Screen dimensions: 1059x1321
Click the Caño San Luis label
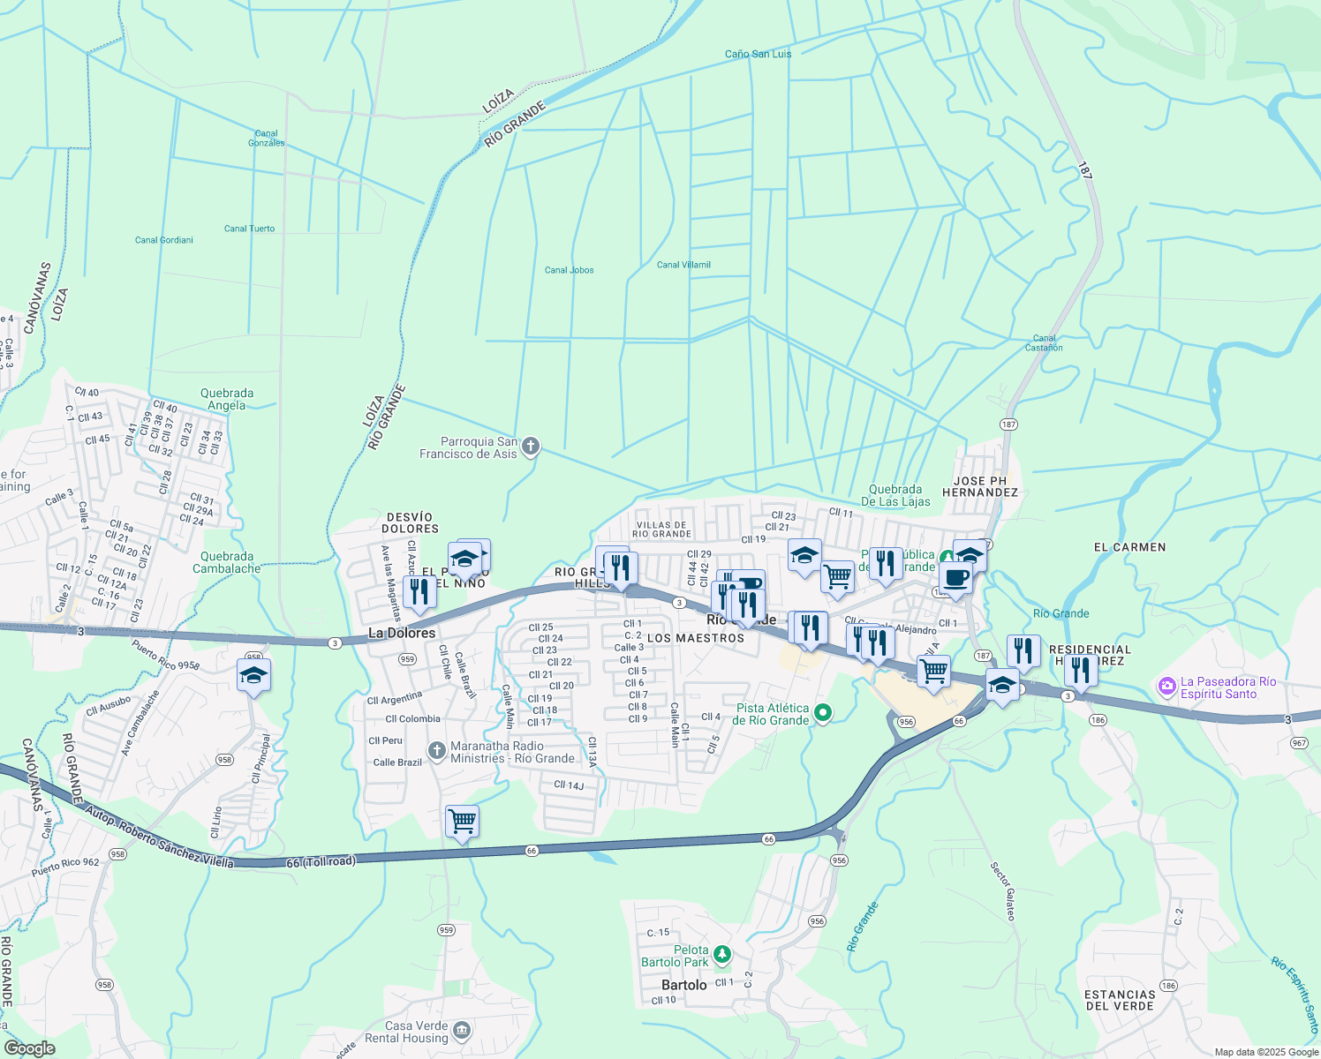coord(758,54)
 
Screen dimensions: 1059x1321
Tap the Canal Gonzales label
coord(266,139)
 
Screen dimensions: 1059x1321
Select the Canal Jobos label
coord(569,270)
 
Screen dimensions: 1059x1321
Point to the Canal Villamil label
coord(683,265)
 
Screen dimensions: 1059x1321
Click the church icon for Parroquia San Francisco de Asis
coord(531,447)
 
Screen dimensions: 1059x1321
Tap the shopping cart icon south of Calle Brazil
coord(463,822)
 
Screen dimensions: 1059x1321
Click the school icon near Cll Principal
coord(253,676)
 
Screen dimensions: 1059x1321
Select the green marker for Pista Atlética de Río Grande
coord(823,713)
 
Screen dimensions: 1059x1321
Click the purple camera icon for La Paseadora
coord(1167,686)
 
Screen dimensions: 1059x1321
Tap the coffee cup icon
coord(955,578)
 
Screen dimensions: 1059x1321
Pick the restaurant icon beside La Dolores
coord(419,592)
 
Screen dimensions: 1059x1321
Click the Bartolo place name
coord(684,985)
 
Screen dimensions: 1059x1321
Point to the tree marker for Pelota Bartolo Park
coord(722,955)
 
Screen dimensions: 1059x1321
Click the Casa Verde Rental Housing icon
coord(462,1031)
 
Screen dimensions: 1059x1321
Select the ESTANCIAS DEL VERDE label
coord(1119,1000)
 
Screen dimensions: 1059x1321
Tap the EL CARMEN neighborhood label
coord(1129,547)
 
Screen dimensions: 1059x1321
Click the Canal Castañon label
coord(1044,343)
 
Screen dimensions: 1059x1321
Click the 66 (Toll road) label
coord(321,861)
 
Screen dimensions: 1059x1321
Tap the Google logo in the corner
coord(29,1048)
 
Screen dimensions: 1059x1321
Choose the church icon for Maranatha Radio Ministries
coord(436,751)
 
